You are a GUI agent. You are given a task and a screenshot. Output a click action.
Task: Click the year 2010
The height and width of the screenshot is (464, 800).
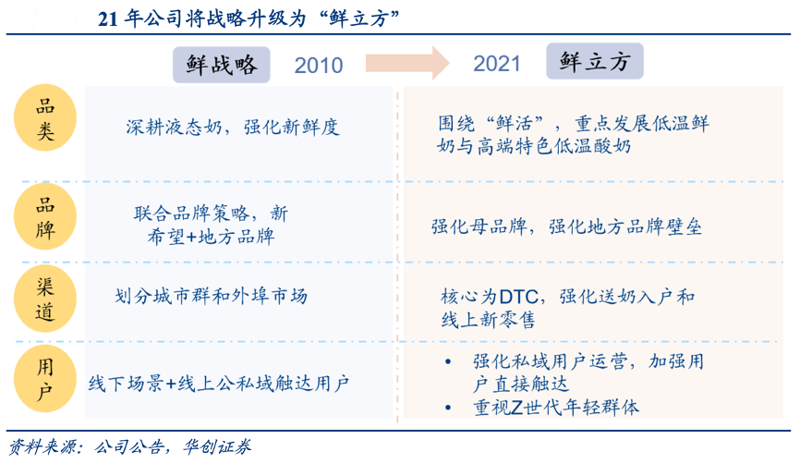point(319,66)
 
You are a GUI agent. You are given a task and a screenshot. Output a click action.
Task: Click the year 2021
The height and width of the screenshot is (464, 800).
point(496,64)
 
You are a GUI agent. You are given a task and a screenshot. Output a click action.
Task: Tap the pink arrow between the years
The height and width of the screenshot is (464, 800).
point(407,63)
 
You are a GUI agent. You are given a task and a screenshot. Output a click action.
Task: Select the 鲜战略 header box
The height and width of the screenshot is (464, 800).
point(222,65)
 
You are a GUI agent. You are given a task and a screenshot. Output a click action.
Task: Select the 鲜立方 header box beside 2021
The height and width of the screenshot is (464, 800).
point(595,61)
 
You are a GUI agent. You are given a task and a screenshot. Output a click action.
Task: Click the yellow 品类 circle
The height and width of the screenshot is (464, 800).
point(45,118)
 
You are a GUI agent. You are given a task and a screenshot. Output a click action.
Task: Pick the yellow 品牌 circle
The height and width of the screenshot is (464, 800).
point(45,217)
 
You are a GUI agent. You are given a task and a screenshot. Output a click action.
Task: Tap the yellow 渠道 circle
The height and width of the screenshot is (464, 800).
point(45,299)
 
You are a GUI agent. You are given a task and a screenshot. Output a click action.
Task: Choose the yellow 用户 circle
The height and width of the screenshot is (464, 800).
point(45,379)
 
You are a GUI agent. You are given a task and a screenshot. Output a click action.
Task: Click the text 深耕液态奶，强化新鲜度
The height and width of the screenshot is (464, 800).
point(233,128)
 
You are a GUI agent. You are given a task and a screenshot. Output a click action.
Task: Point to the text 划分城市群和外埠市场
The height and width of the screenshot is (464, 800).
point(211,296)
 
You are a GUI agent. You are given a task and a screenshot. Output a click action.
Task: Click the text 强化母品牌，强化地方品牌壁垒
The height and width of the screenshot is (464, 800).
point(566,226)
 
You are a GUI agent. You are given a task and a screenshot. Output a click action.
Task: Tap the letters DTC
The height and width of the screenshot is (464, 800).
point(518,297)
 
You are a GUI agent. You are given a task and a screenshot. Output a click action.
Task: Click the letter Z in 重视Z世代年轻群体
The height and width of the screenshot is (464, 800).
point(516,408)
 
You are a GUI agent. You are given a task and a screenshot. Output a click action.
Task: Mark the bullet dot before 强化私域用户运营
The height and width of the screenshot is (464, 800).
point(448,362)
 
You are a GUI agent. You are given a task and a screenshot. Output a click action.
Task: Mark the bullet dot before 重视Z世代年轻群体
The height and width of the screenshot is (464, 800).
point(448,408)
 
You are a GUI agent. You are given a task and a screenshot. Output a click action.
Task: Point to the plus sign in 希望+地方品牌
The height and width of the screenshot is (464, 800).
point(191,237)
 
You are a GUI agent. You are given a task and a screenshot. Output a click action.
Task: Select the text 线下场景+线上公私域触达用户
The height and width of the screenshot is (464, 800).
point(218,384)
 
